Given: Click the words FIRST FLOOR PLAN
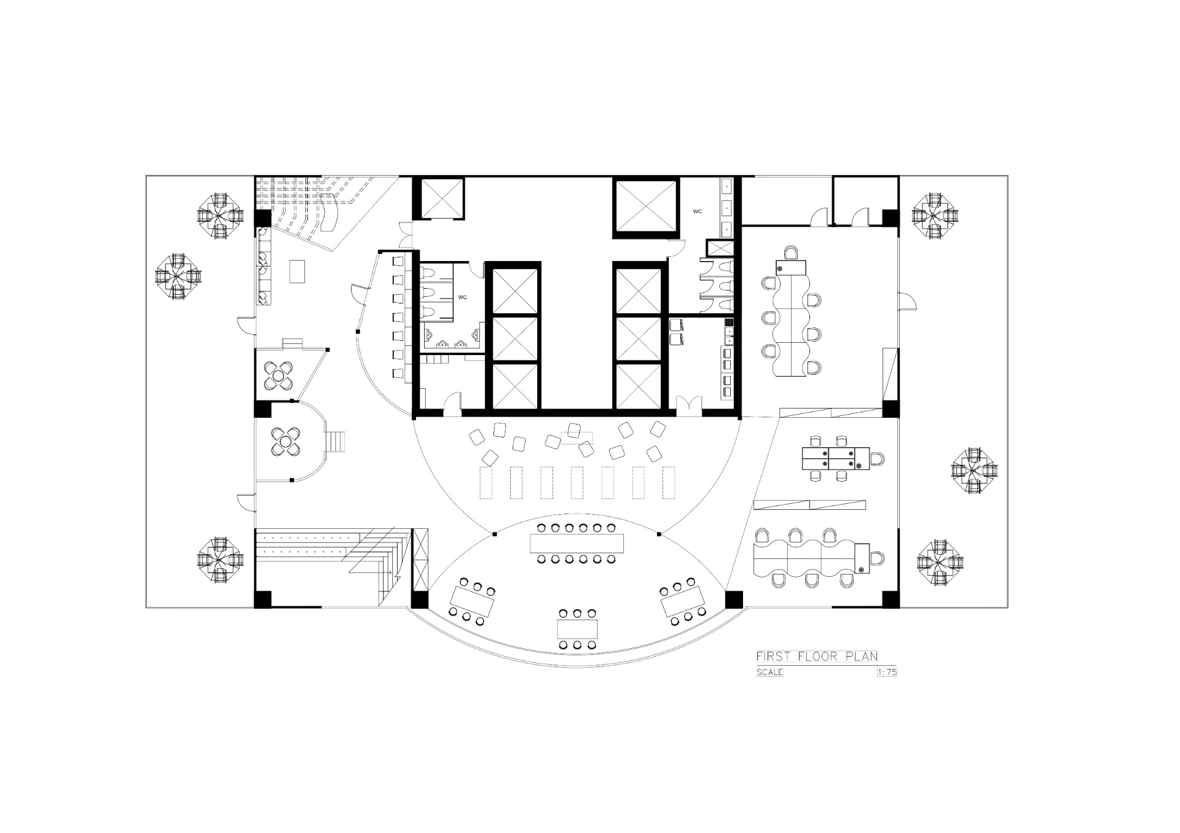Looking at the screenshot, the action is click(817, 656).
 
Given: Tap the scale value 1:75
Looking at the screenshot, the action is click(887, 672).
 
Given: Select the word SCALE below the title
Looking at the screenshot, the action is click(769, 672).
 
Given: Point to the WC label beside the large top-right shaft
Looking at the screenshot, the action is click(698, 211).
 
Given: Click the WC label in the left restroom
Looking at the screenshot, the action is click(463, 297).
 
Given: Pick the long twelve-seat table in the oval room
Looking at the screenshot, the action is click(577, 543).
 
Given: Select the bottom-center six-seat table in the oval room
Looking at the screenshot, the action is click(577, 629).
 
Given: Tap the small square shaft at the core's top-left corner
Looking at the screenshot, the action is click(439, 197).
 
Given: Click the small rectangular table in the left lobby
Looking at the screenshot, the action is click(297, 271).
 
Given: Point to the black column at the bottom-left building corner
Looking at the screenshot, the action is click(263, 599).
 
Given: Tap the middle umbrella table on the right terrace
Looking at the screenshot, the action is click(975, 471).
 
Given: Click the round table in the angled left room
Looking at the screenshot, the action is click(280, 376).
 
